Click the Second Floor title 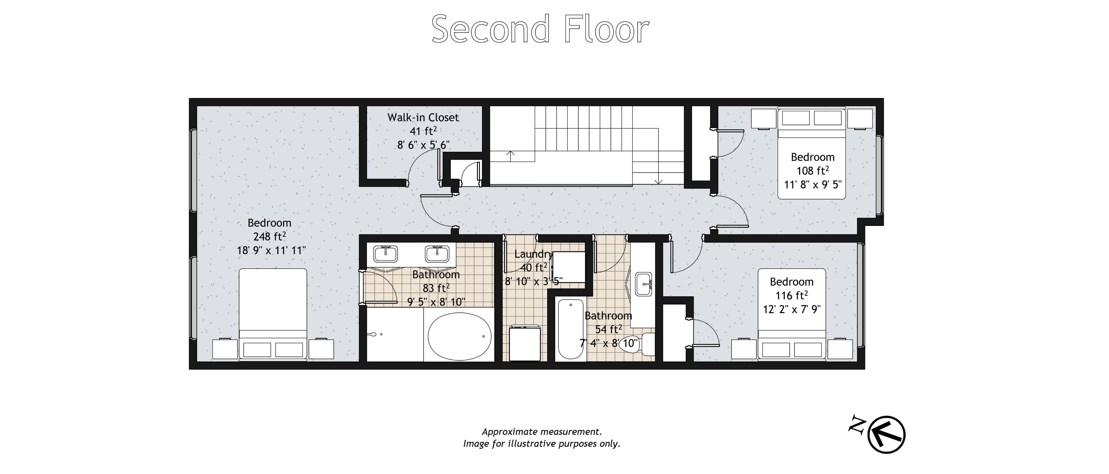tap(540, 29)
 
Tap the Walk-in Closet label tap(423, 117)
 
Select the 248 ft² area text tap(269, 236)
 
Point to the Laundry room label tap(533, 254)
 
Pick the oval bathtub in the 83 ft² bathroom tap(459, 336)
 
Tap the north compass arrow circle tap(886, 434)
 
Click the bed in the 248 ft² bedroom tap(273, 314)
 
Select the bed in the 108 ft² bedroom tap(812, 153)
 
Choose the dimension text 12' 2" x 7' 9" tap(792, 309)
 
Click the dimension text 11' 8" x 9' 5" tap(813, 185)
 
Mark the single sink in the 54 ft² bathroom tap(644, 284)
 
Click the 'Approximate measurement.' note tap(542, 431)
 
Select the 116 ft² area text tap(792, 295)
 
